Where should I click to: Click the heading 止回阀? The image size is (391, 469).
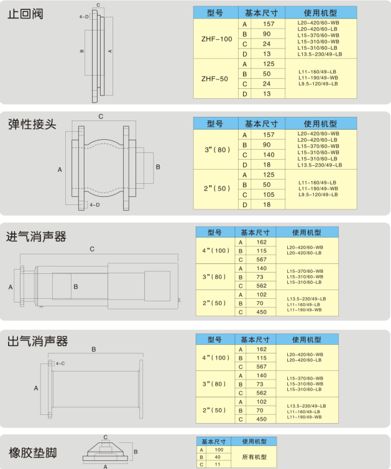click(25, 14)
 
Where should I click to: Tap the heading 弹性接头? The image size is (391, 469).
click(32, 124)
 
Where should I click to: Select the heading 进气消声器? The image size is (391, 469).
click(36, 236)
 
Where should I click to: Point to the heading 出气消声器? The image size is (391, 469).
click(37, 341)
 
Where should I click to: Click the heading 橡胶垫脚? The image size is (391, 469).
click(32, 453)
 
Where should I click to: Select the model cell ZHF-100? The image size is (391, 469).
click(216, 39)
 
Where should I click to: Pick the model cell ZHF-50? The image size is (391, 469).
click(214, 79)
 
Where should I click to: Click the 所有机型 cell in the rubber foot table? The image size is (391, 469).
click(254, 457)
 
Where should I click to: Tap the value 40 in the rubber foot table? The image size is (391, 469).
click(218, 457)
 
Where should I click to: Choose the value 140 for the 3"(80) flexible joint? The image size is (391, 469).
click(269, 155)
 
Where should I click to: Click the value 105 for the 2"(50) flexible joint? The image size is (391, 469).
click(269, 194)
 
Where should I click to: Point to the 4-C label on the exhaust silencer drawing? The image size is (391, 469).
click(60, 363)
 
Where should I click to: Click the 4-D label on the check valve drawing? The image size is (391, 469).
click(84, 17)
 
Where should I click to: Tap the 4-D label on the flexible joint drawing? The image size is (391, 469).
click(94, 205)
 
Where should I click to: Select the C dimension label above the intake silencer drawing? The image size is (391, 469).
click(92, 249)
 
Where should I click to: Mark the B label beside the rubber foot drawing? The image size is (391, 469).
click(136, 452)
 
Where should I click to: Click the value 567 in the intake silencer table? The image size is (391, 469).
click(261, 259)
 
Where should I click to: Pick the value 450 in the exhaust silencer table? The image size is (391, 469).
click(261, 419)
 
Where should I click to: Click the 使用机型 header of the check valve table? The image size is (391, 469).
click(320, 13)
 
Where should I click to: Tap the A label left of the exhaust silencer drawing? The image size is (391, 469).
click(36, 388)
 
